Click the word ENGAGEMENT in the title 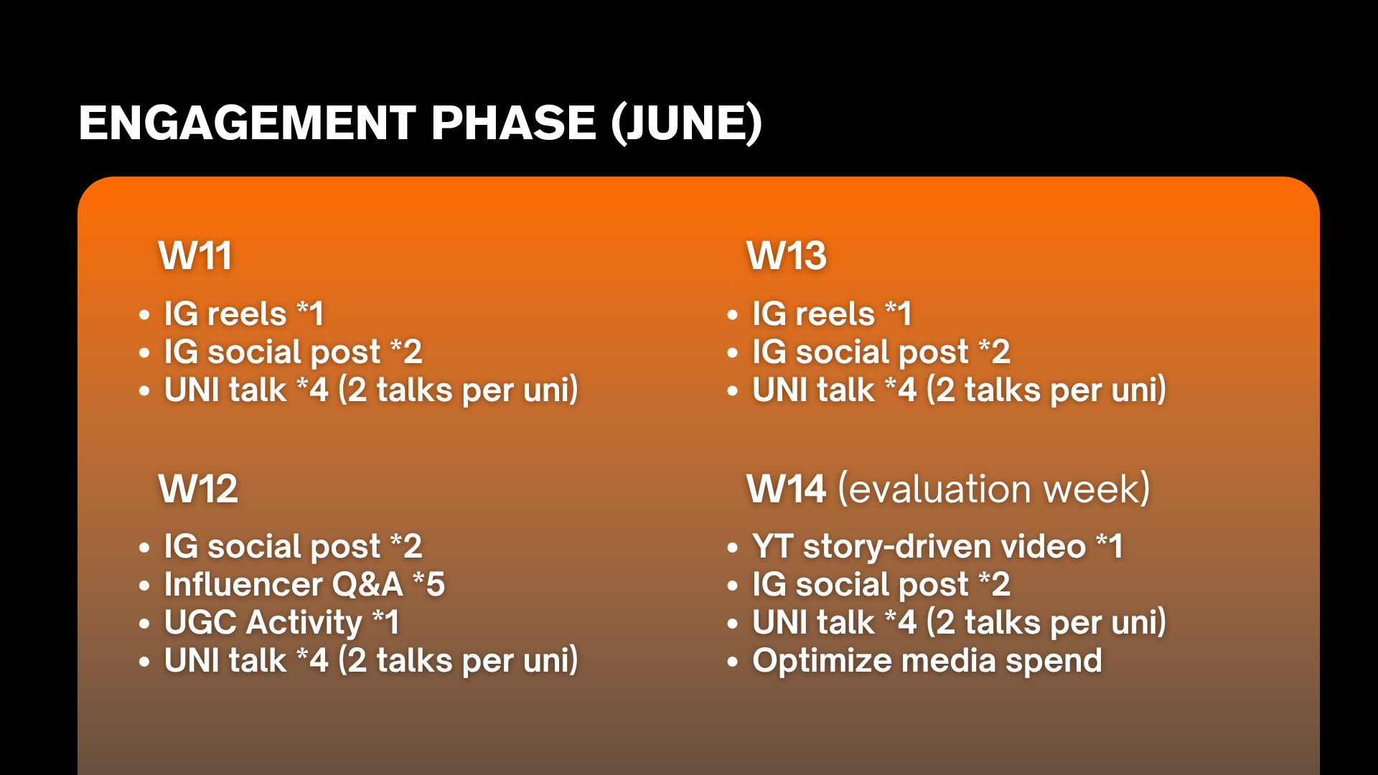click(x=247, y=123)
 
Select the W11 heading click(x=195, y=255)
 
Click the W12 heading click(x=198, y=489)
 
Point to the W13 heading click(x=787, y=255)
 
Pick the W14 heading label click(x=787, y=489)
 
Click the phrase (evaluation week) click(x=994, y=489)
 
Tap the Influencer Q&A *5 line click(x=304, y=584)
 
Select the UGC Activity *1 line click(x=281, y=623)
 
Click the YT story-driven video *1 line click(x=937, y=546)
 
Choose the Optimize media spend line click(x=927, y=661)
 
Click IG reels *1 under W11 click(x=244, y=314)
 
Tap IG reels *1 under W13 click(x=832, y=314)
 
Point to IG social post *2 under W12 click(x=293, y=547)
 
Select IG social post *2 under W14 click(x=881, y=585)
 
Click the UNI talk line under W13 click(x=959, y=390)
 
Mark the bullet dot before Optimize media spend click(x=732, y=662)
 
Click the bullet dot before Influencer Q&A click(x=144, y=586)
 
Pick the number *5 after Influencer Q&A click(x=429, y=584)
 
